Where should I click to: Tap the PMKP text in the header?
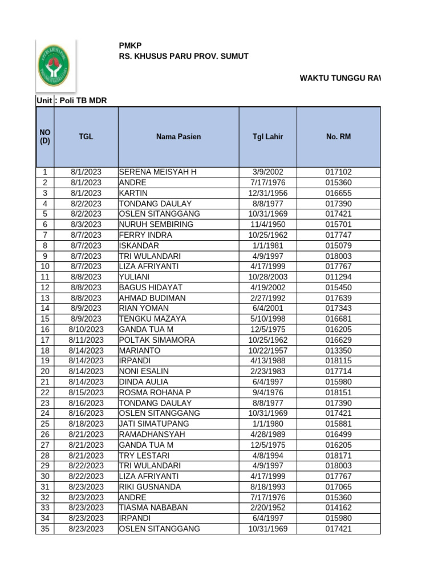tap(130, 45)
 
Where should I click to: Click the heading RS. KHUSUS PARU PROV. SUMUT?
tap(183, 57)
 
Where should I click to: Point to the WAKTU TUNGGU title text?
tap(340, 78)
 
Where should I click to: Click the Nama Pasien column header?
tap(179, 137)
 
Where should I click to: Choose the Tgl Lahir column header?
tap(267, 137)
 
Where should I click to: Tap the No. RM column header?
tap(338, 137)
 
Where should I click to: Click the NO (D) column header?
tap(45, 137)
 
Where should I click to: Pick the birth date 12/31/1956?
tap(267, 193)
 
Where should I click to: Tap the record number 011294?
tap(338, 277)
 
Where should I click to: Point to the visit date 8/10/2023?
tap(87, 330)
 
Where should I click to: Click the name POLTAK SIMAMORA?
tap(157, 340)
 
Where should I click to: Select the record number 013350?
tap(338, 350)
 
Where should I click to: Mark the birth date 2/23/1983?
tap(267, 371)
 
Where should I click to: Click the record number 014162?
tap(338, 508)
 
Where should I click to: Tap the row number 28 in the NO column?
tap(45, 455)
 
